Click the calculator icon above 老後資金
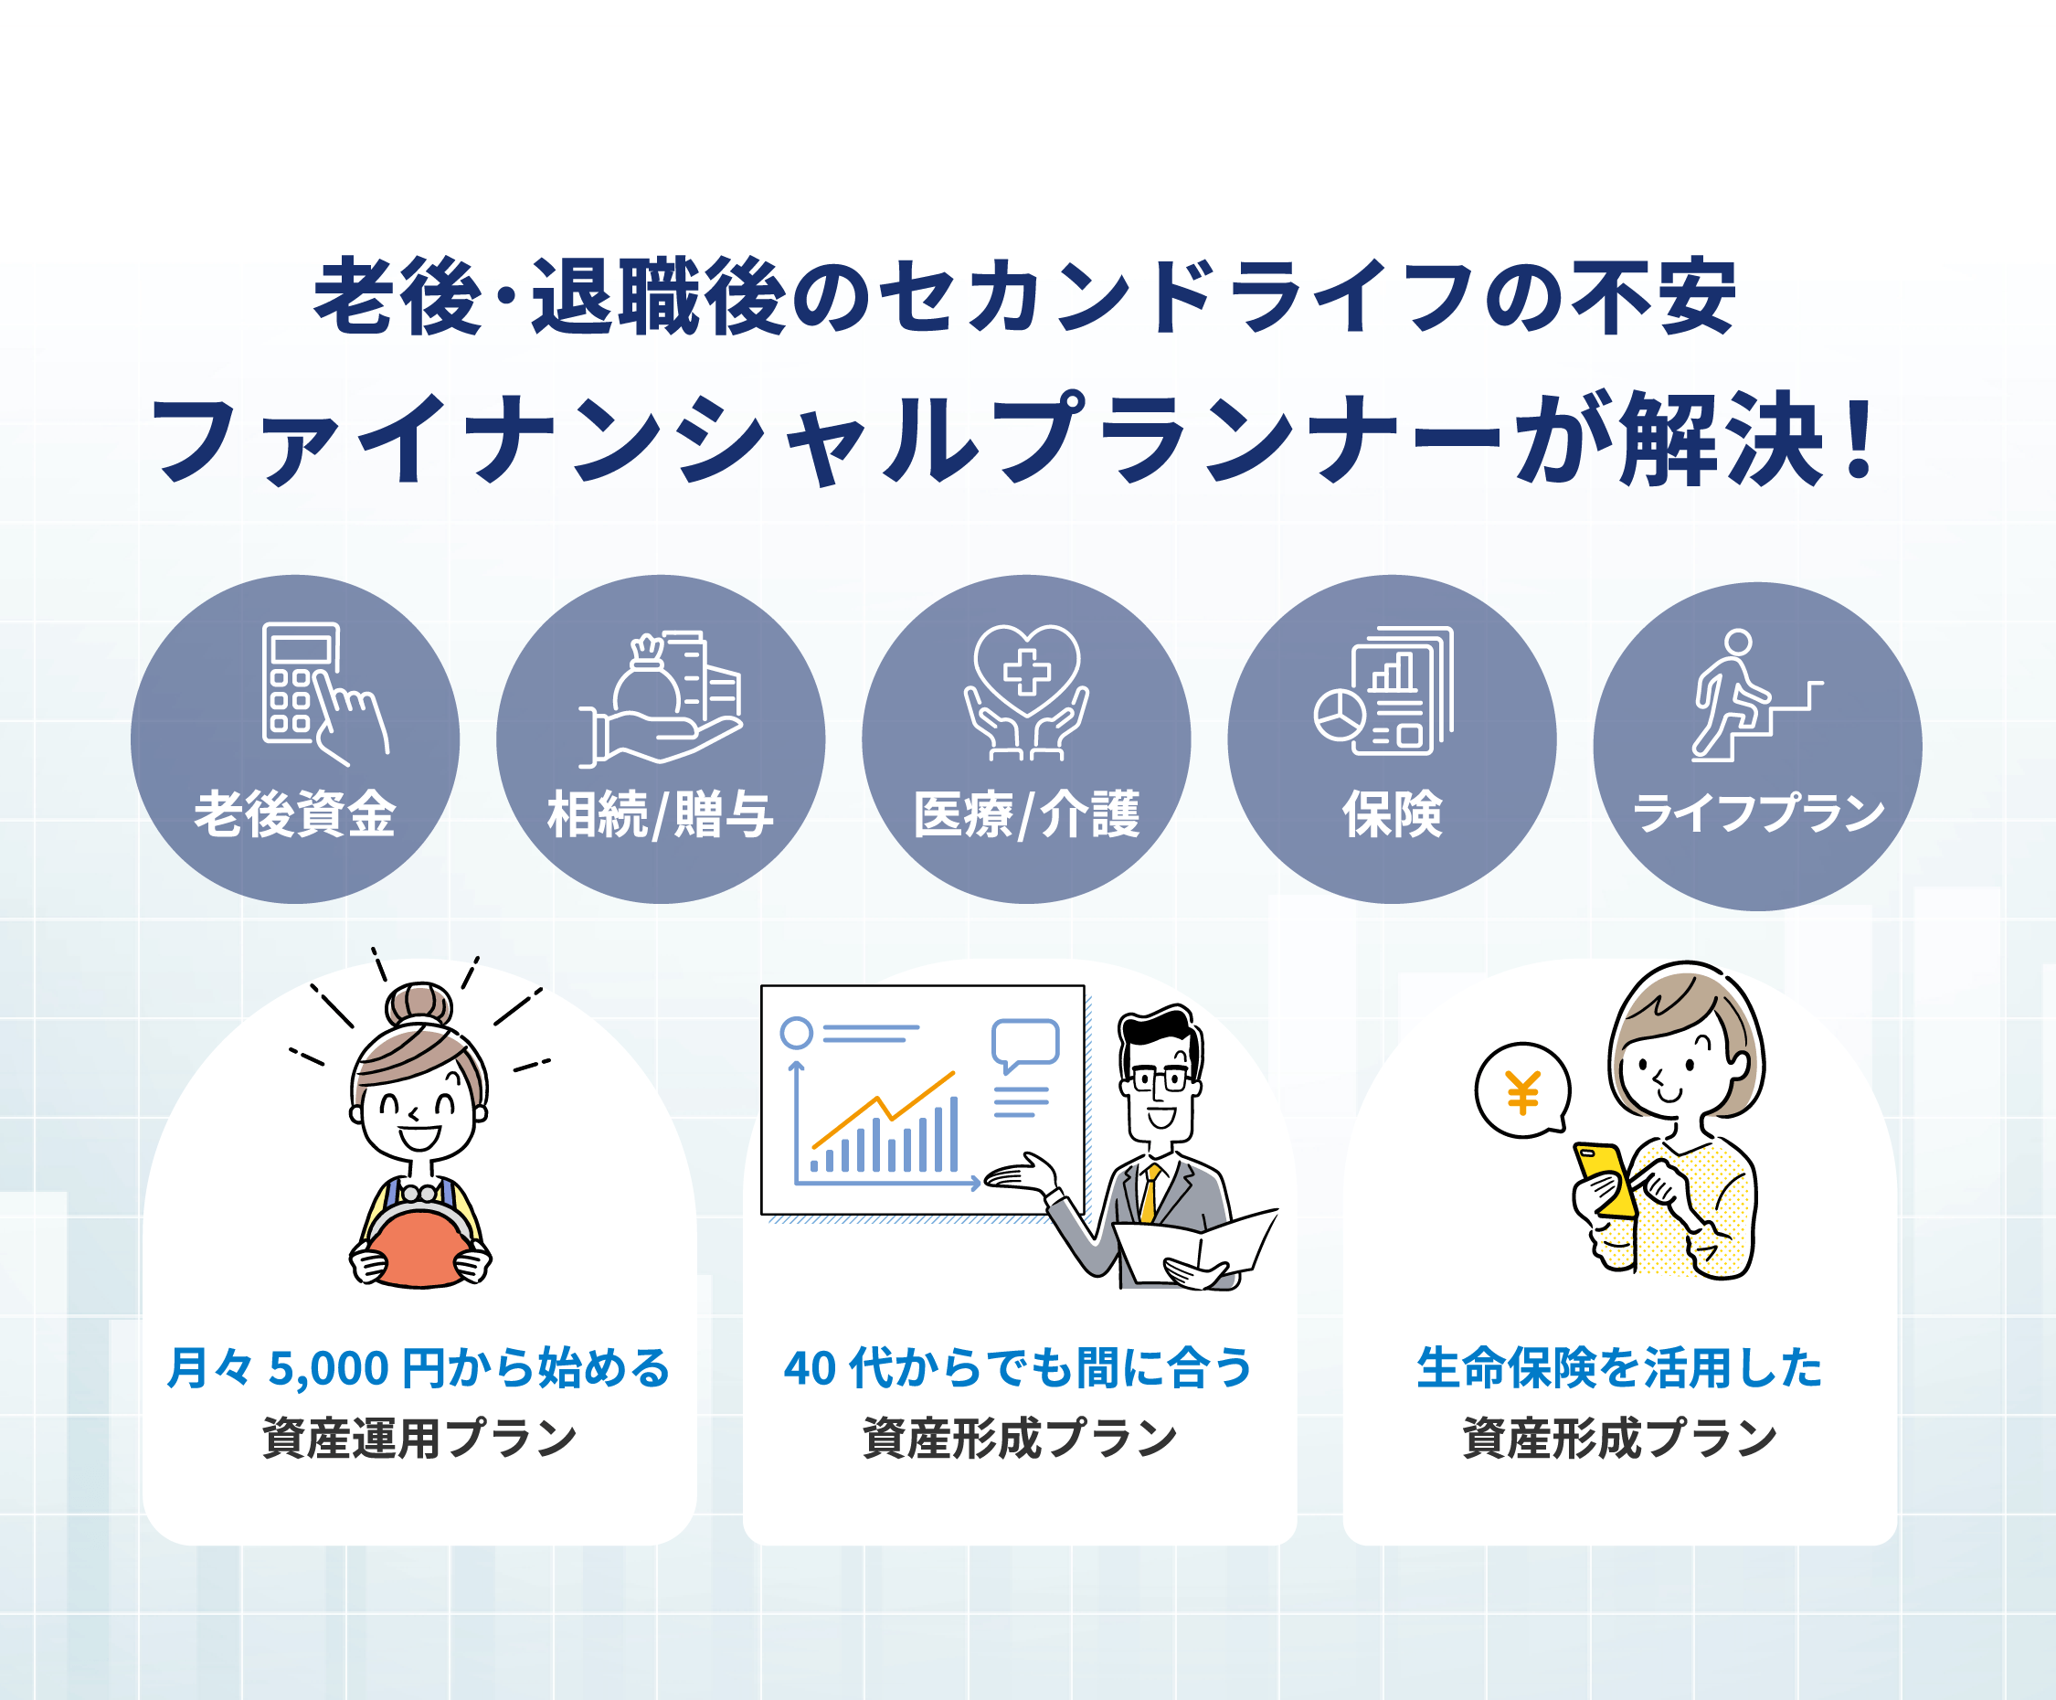coord(325,694)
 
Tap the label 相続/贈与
coord(661,814)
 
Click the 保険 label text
coord(1393,814)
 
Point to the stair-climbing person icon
coord(1756,696)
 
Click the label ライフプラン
coord(1758,813)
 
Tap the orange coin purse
coord(420,1248)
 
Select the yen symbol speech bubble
coord(1523,1089)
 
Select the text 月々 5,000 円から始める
coord(419,1367)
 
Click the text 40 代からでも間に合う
coord(1018,1367)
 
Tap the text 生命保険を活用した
coord(1619,1367)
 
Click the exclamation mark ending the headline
coord(1856,441)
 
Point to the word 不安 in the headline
coord(1654,297)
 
